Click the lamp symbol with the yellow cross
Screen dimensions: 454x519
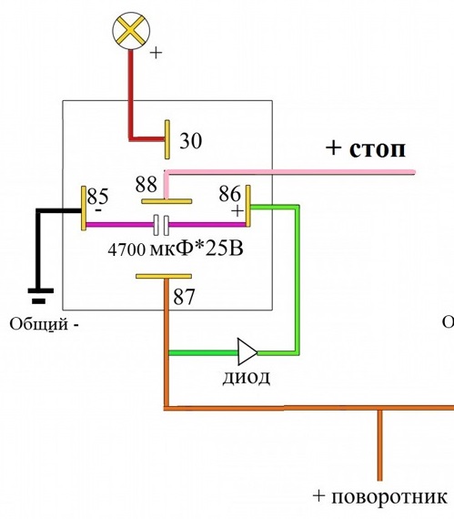point(131,31)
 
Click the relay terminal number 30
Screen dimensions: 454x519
point(191,140)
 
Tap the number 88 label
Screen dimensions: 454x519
point(146,184)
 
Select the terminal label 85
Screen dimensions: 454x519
point(98,196)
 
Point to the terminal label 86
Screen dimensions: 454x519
point(230,193)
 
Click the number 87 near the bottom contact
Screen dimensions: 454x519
point(184,297)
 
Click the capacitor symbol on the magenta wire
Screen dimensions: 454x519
point(161,225)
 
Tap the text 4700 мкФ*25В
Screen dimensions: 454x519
point(176,249)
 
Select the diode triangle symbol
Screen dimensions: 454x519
point(247,351)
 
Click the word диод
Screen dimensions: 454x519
point(246,377)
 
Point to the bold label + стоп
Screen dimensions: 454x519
point(366,149)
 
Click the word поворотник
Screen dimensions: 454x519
point(389,497)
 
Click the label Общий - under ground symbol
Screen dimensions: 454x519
point(45,324)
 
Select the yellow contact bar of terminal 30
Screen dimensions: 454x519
point(167,139)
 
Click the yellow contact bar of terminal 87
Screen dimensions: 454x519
point(164,277)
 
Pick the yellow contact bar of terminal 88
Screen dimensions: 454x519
point(166,201)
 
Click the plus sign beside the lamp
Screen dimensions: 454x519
point(156,53)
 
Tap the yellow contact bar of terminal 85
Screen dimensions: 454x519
point(84,209)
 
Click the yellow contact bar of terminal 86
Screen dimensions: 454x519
point(248,206)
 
